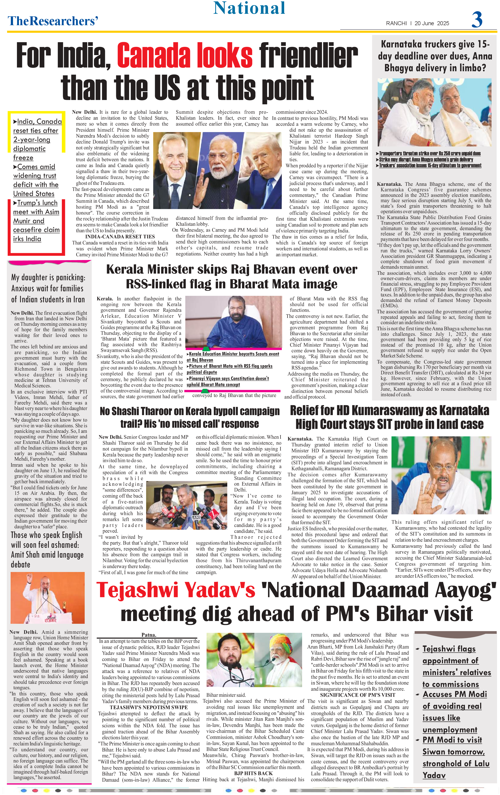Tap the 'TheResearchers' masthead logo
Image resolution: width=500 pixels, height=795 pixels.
(x=53, y=21)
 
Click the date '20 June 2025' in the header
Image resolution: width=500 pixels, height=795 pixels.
(x=432, y=23)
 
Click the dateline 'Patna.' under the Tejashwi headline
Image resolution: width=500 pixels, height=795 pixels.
(x=149, y=635)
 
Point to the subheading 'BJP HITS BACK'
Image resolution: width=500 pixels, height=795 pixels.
(x=253, y=773)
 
